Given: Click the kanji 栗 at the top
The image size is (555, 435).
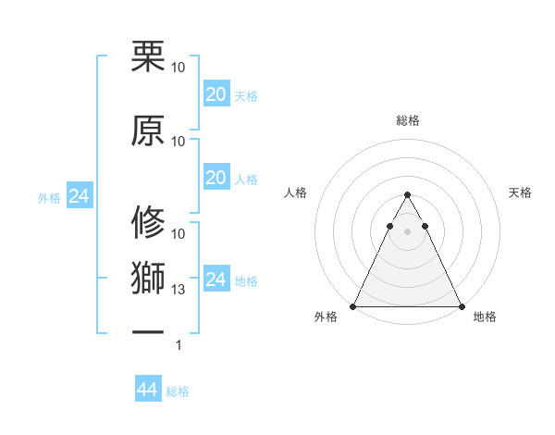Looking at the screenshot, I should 148,56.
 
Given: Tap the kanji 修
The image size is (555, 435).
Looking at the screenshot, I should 148,223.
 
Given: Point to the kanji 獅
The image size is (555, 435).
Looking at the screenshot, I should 148,278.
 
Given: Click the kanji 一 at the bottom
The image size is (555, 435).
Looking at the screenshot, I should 148,331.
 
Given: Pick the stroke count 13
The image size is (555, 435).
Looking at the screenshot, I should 179,290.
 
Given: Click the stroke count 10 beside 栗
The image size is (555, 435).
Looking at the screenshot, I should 179,68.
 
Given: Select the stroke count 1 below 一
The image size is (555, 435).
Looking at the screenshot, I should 179,345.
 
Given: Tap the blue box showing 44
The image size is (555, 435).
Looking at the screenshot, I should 147,390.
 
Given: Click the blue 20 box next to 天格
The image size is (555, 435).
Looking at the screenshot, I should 216,93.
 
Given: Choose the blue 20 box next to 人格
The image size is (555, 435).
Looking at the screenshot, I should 216,178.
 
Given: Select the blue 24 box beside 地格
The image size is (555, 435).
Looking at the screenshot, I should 216,280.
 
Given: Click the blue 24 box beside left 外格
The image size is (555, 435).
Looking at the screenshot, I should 80,196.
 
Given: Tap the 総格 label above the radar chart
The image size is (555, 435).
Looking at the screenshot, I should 407,120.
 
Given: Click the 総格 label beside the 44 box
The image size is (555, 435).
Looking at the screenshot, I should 178,391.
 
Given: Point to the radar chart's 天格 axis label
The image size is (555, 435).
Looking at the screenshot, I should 520,193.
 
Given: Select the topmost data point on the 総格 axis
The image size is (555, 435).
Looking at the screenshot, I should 407,195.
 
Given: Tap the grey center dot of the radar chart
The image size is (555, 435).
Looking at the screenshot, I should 407,231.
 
